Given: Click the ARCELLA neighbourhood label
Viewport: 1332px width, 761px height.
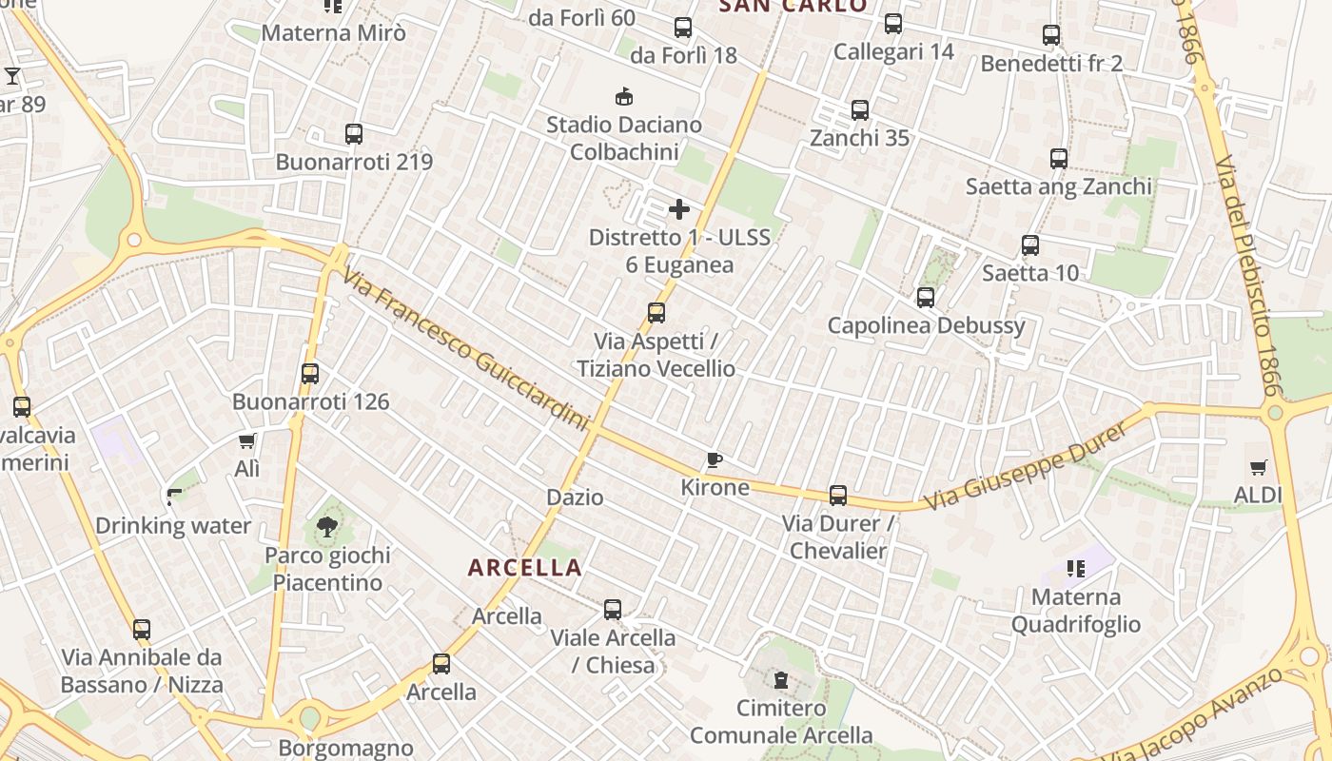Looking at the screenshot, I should click(524, 568).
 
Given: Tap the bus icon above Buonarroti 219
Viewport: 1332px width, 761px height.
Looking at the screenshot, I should click(354, 134).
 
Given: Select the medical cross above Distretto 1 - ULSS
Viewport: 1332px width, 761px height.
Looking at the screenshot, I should click(678, 209).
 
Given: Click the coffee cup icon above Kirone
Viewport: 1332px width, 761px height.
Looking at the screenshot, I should click(715, 460).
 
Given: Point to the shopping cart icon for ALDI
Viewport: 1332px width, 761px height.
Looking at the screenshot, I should click(1259, 467).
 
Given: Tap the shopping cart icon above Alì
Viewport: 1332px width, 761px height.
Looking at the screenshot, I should click(247, 440).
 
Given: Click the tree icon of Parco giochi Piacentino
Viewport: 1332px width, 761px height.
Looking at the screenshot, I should click(326, 526).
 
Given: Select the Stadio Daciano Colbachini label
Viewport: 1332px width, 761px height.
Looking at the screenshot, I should click(624, 138).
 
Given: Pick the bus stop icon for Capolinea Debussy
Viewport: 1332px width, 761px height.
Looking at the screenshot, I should click(926, 298).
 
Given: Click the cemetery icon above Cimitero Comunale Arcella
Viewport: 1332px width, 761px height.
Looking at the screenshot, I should click(781, 679).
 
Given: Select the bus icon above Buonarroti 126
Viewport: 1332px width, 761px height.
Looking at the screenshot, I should click(310, 374).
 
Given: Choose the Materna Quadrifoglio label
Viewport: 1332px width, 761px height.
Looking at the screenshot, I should click(1076, 611).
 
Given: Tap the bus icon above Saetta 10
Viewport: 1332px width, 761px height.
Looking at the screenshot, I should click(1030, 245).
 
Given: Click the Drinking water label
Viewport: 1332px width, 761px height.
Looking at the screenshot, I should click(173, 525).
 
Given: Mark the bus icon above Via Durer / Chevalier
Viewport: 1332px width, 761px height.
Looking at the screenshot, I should click(838, 496).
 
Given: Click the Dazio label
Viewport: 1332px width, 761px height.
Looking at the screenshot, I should click(575, 497).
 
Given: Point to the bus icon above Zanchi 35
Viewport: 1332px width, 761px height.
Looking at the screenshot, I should click(860, 110).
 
